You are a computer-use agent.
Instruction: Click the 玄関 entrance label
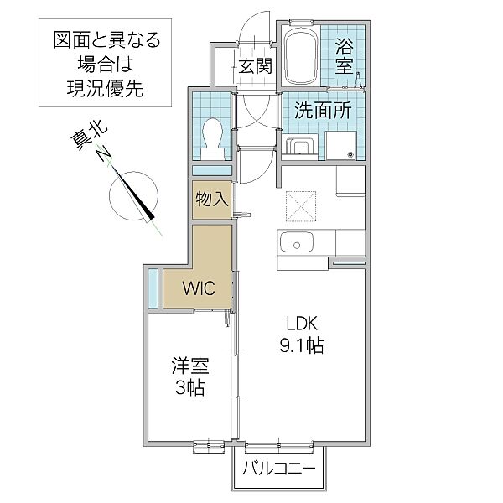click(256, 65)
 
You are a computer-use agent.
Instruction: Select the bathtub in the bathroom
click(301, 56)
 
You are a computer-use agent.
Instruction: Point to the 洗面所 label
click(323, 110)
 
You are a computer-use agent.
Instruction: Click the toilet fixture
click(212, 138)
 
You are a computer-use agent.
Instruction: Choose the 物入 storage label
click(212, 200)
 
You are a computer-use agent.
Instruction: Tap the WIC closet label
click(199, 288)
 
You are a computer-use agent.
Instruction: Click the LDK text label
click(302, 323)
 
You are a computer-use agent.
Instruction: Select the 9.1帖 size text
click(302, 345)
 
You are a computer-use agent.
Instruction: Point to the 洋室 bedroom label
click(190, 366)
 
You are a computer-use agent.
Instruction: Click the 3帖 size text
click(190, 388)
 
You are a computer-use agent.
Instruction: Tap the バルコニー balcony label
click(279, 469)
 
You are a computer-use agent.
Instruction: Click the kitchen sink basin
click(297, 242)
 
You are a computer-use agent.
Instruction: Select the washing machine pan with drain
click(340, 145)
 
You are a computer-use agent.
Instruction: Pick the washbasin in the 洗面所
click(300, 148)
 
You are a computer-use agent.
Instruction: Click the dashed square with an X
click(301, 206)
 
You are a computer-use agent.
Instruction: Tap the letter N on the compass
click(104, 153)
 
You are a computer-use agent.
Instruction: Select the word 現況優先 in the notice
click(105, 88)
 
